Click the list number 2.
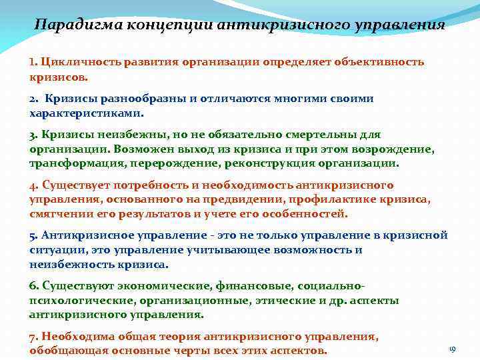[x=33, y=99]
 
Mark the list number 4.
[x=33, y=185]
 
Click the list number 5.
[x=33, y=236]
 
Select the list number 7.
[x=33, y=337]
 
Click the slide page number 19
[x=452, y=349]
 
